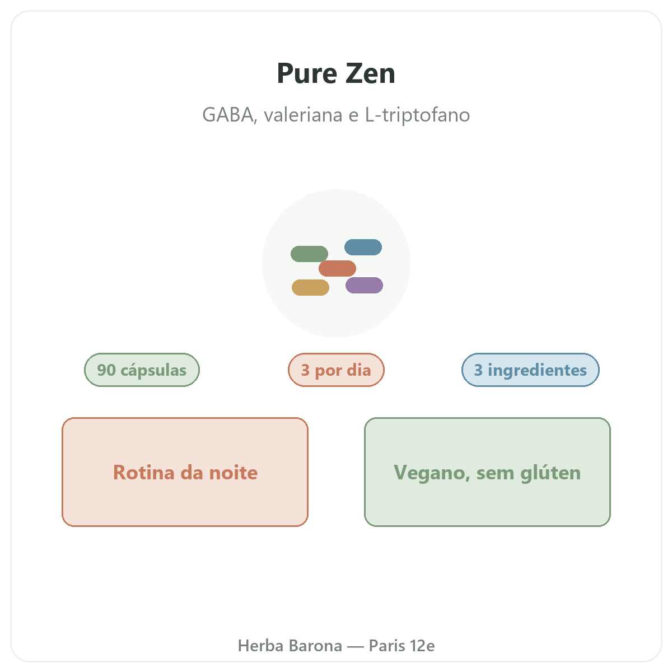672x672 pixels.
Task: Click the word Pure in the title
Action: (x=307, y=73)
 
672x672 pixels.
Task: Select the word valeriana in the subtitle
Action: (x=303, y=115)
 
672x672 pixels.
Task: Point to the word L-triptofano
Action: (x=417, y=115)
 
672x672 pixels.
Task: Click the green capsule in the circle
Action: (x=309, y=254)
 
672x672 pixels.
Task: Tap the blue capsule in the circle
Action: (x=363, y=247)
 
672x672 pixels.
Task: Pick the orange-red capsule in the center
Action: (x=337, y=268)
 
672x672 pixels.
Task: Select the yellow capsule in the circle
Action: (x=310, y=287)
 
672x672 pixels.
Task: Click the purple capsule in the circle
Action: (x=364, y=285)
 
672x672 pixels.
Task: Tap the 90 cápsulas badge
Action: (x=142, y=370)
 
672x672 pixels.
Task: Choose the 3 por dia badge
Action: (x=336, y=370)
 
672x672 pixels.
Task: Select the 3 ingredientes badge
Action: (x=530, y=370)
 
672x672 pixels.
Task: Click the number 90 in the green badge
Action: (x=106, y=370)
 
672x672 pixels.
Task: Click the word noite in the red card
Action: (x=233, y=473)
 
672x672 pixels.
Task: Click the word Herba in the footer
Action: (x=260, y=646)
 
